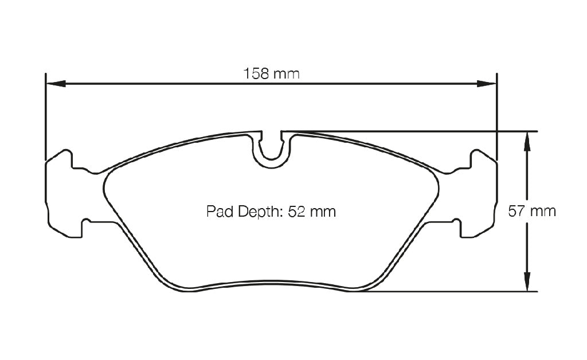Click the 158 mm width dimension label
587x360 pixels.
(x=271, y=74)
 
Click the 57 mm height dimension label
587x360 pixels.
(x=532, y=211)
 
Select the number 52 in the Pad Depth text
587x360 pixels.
(x=296, y=212)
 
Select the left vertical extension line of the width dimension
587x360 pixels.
(x=45, y=115)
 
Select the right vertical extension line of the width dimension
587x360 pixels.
(x=496, y=115)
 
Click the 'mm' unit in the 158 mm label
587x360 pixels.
(x=287, y=74)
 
